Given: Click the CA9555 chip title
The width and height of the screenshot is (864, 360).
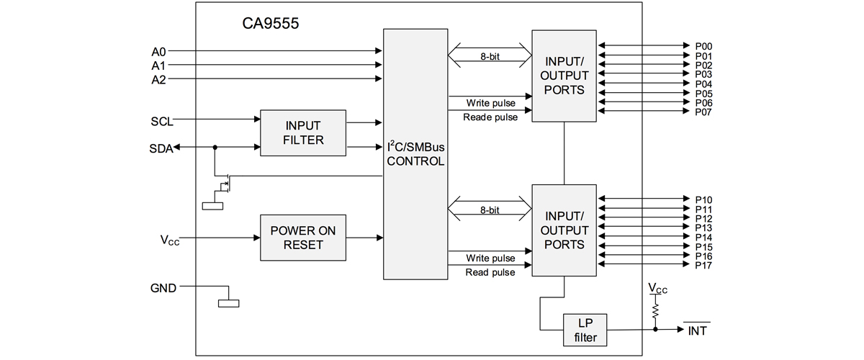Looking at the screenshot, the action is point(271,24).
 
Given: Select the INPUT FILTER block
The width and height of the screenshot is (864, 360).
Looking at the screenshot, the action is point(303,132).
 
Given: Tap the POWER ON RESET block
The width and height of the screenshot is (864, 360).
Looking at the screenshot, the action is point(303,238).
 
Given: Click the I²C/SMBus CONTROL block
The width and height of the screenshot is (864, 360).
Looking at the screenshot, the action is point(415,154).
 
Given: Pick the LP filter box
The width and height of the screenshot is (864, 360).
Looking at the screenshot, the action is point(585,330).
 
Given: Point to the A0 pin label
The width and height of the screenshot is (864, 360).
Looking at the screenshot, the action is point(158,52).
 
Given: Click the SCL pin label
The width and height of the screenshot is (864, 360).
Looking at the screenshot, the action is point(162,122).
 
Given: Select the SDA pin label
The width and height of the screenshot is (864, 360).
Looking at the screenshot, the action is point(161,148).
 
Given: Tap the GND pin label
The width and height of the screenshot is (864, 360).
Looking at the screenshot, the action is point(163,288).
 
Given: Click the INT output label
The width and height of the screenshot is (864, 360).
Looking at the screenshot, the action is point(698,330).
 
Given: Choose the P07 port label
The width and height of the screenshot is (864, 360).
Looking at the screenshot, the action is point(703,112).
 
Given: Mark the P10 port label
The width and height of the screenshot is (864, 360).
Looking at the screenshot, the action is point(703,200).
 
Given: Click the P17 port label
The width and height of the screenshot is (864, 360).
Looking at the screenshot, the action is point(703,266).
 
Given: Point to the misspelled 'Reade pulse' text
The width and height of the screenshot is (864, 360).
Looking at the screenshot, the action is point(490,117).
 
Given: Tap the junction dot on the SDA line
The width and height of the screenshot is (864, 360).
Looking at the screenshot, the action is point(215,148).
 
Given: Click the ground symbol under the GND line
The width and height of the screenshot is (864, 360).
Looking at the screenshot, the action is point(229,304).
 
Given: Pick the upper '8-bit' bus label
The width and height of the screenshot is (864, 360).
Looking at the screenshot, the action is point(490,57).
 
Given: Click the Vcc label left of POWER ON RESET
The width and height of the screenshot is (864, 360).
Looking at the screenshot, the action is point(170,240).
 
